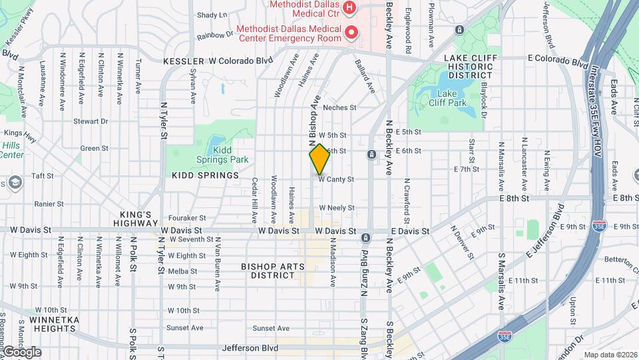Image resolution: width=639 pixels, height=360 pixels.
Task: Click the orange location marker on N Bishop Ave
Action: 319,159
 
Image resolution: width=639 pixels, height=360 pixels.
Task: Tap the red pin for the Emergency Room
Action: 349,31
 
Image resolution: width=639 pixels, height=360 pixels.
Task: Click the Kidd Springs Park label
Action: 222,159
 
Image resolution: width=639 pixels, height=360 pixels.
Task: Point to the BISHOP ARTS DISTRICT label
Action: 273,271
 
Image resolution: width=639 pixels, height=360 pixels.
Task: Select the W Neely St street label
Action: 336,208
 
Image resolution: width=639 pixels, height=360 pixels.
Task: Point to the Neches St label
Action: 339,107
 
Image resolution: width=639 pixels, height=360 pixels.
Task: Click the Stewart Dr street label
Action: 91,121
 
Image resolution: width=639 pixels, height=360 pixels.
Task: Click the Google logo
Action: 21,351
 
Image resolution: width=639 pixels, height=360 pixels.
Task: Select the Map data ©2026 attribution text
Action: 610,355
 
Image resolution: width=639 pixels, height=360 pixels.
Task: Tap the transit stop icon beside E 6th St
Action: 371,155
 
